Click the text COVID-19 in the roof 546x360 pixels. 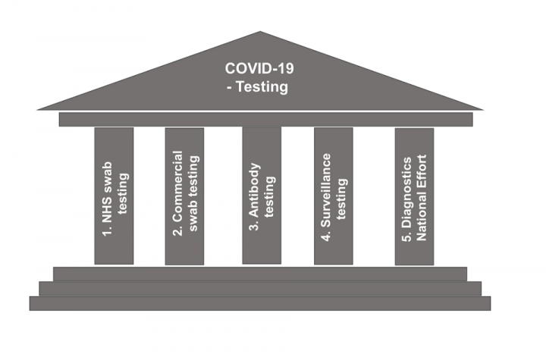[259, 68]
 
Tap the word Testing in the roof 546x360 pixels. [262, 87]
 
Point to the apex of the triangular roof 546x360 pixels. [260, 32]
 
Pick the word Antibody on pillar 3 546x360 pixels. [255, 190]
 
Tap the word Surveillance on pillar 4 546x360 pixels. [326, 190]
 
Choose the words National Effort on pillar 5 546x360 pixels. [422, 197]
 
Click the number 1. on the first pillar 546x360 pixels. [108, 231]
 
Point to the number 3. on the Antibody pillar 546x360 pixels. [255, 226]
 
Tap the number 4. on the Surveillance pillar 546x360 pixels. [326, 236]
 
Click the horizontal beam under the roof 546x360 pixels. [265, 120]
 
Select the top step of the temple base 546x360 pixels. [260, 274]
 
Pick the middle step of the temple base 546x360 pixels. [260, 289]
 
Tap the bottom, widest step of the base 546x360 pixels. [260, 303]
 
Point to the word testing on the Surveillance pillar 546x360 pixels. [341, 199]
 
